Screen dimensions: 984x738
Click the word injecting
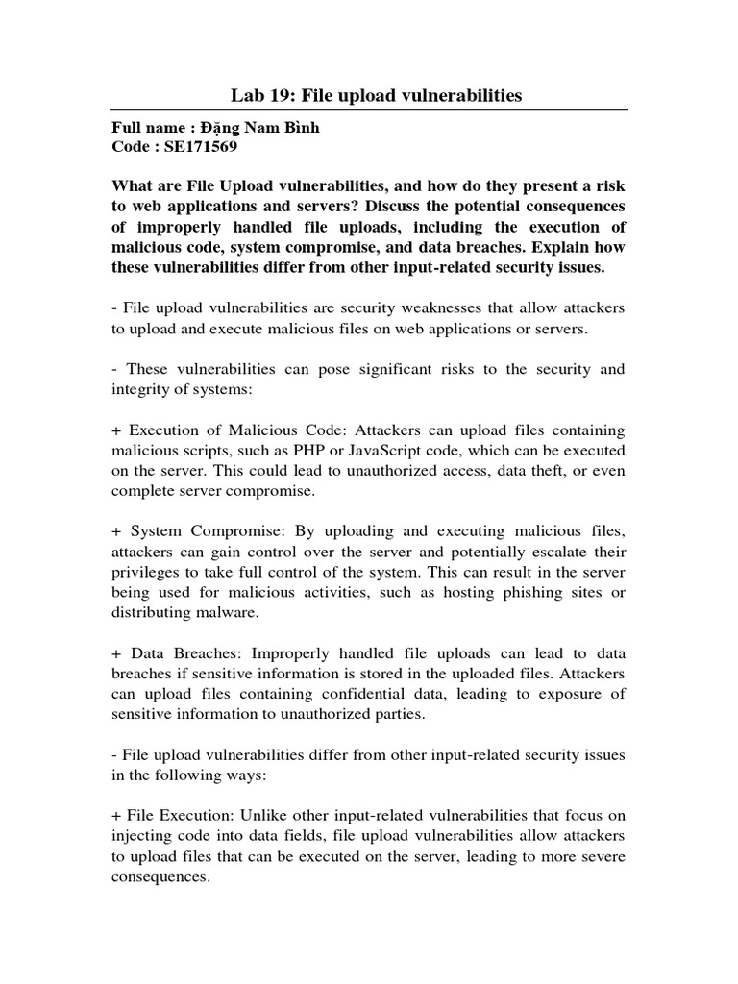click(x=148, y=836)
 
